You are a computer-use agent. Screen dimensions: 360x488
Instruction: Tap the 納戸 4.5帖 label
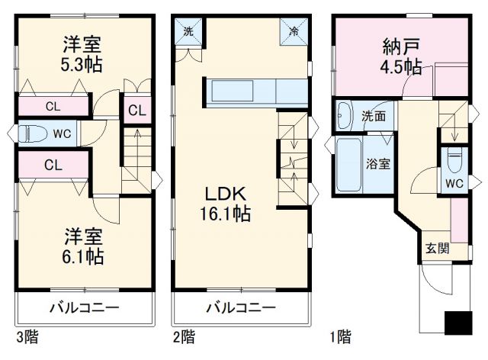click(x=402, y=57)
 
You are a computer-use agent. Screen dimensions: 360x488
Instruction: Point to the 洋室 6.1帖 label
click(x=82, y=245)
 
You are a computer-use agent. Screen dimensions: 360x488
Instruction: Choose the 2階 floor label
click(x=184, y=336)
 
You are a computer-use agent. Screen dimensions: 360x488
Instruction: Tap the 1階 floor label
click(x=340, y=336)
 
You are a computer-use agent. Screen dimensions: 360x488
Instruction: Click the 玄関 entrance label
click(x=437, y=248)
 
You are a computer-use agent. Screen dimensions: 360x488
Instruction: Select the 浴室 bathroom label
click(x=378, y=162)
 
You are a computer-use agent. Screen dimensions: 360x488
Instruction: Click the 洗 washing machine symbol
click(x=188, y=32)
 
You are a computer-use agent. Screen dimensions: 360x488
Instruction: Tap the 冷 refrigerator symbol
click(x=294, y=32)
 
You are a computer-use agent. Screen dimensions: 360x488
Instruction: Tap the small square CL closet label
click(x=136, y=111)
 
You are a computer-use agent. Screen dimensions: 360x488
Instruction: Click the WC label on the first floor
click(x=454, y=183)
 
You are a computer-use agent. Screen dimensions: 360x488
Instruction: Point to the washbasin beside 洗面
click(x=344, y=115)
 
